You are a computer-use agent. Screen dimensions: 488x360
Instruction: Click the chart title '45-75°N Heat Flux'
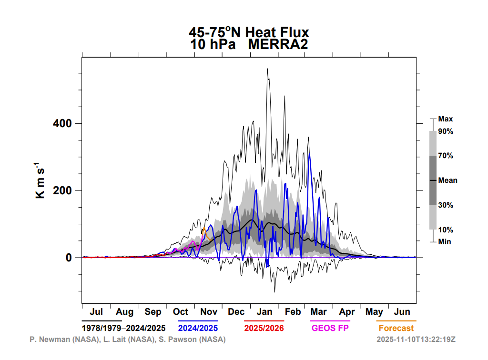coord(249,32)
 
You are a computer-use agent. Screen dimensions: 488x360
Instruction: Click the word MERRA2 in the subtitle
coord(278,44)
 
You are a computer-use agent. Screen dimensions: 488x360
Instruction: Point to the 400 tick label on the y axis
coord(62,123)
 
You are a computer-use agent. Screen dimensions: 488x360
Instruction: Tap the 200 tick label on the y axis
coord(62,190)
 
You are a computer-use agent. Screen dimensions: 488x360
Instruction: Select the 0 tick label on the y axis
coord(69,258)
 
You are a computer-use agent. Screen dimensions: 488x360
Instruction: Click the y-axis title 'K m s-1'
coord(40,180)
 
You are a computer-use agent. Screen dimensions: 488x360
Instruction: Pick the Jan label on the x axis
coord(264,312)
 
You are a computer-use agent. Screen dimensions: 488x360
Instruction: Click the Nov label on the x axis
coord(209,312)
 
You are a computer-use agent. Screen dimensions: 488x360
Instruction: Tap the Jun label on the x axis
coord(402,312)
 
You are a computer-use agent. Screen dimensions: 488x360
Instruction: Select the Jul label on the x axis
coord(96,312)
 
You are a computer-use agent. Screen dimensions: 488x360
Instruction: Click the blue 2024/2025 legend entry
coord(198,328)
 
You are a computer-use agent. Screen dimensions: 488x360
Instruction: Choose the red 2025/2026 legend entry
coord(264,328)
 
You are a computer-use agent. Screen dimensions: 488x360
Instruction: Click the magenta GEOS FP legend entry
coord(330,328)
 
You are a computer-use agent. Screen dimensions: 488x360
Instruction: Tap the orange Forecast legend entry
coord(396,328)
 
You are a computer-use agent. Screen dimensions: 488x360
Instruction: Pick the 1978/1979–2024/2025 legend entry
coord(123,328)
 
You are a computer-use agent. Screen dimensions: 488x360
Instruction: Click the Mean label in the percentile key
coord(447,180)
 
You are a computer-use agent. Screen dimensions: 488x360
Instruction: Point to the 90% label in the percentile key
coord(446,131)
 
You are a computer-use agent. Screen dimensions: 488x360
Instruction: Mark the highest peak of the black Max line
coord(267,69)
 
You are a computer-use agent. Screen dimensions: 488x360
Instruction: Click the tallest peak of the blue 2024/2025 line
coord(309,153)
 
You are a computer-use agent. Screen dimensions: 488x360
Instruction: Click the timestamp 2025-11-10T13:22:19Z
coord(416,339)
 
